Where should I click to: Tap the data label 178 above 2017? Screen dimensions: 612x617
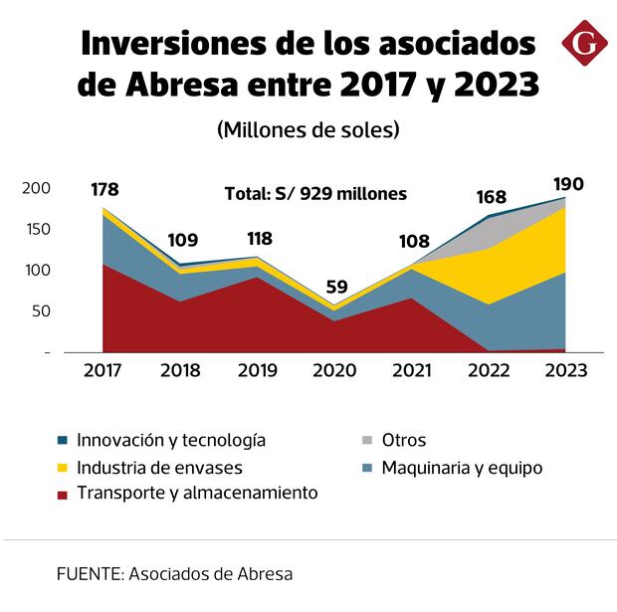click(105, 189)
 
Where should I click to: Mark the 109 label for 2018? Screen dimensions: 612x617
click(181, 240)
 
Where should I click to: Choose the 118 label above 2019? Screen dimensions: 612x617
click(259, 239)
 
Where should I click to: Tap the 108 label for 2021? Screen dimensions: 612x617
click(413, 240)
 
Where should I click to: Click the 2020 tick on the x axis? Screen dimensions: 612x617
click(334, 370)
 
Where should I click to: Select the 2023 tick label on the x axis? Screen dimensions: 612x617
click(566, 370)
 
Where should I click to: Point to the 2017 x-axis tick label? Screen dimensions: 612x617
click(103, 370)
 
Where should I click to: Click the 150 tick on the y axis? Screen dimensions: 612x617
click(36, 230)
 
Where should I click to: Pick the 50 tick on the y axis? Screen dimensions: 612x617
click(40, 311)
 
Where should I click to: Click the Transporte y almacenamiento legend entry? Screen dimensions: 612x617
click(197, 493)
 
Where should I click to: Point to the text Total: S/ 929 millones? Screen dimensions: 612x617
click(314, 194)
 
